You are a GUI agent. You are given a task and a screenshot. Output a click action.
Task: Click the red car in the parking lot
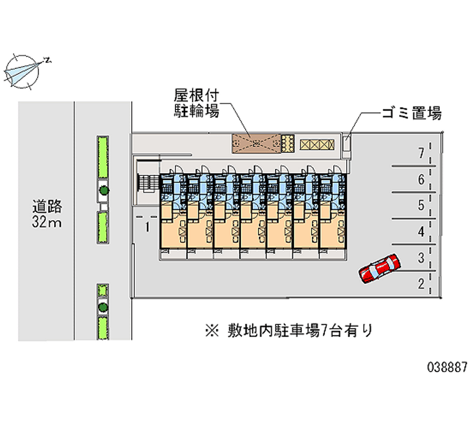380,268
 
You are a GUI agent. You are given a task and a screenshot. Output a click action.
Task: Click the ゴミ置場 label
411,113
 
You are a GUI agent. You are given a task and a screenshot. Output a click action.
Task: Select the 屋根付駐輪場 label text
196,102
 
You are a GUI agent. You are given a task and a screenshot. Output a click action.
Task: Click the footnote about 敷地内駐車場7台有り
288,330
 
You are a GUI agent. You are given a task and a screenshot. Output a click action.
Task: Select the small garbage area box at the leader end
347,142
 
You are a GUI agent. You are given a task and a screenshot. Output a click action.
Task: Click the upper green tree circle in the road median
104,190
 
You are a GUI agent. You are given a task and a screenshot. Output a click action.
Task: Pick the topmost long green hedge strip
103,156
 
